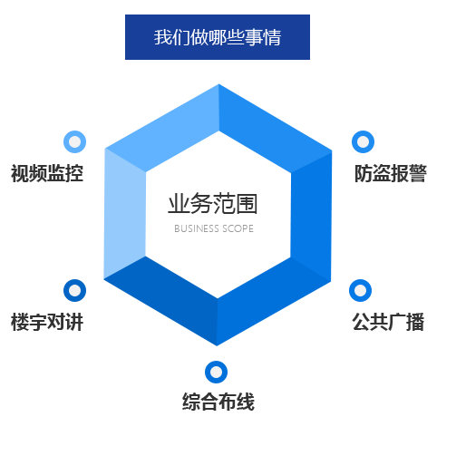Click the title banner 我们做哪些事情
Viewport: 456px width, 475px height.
[218, 37]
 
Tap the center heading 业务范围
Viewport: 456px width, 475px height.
[213, 204]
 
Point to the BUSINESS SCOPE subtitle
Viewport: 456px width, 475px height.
[214, 228]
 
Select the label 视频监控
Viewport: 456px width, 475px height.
[47, 173]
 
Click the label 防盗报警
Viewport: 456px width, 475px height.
[391, 173]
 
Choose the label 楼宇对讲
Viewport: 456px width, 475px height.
[47, 322]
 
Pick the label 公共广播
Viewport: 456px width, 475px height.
[388, 322]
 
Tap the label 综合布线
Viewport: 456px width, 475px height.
[218, 402]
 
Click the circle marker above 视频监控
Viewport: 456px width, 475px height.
[75, 141]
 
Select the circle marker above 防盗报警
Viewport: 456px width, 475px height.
[363, 141]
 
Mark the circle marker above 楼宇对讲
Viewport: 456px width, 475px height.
[75, 290]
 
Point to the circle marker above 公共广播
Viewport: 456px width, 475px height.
[360, 290]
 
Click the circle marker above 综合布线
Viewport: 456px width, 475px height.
[216, 372]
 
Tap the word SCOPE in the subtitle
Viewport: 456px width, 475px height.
[238, 228]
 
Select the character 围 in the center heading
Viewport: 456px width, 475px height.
[247, 204]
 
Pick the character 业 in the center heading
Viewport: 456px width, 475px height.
[179, 204]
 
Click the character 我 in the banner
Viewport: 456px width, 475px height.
[163, 37]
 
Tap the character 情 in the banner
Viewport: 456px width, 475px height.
[272, 37]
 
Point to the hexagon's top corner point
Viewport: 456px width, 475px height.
[218, 84]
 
